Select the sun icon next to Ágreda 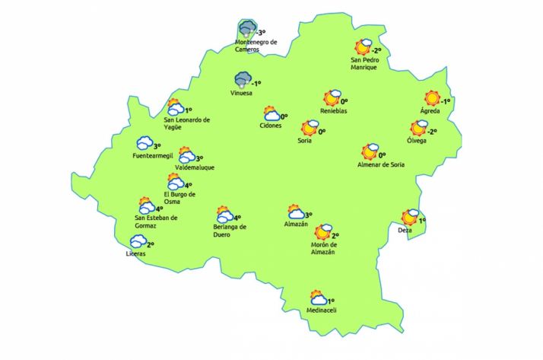point(432,99)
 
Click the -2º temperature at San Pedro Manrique point(375,50)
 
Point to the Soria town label point(306,140)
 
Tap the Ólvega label point(417,140)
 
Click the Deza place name point(405,230)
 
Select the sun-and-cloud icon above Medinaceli point(318,298)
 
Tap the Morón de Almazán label point(324,249)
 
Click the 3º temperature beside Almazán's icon point(310,215)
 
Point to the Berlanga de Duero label point(230,231)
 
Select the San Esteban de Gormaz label point(151,221)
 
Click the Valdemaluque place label point(195,166)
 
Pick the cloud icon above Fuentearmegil point(144,143)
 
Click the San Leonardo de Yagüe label point(187,123)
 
